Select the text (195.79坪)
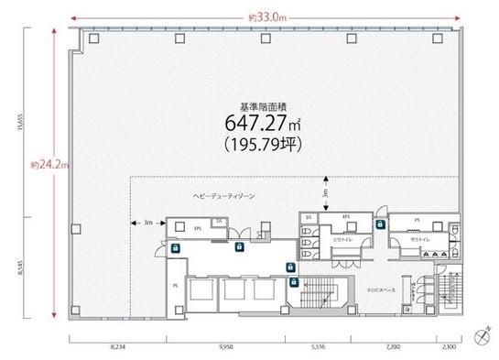[262, 145]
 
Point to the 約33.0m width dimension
[266, 16]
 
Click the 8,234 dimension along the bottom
[117, 347]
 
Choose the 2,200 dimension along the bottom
[394, 347]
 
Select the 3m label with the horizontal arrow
[146, 223]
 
